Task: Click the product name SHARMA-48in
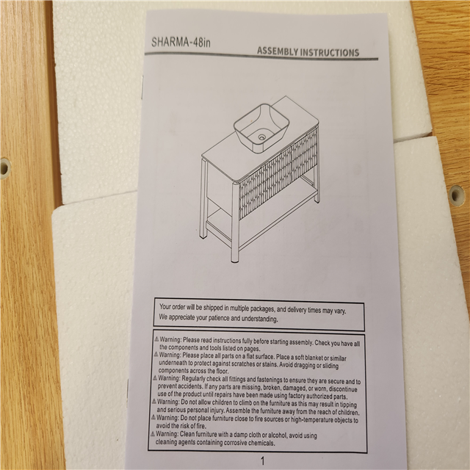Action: (181, 42)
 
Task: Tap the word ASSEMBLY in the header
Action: (277, 51)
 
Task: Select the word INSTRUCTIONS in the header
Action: (330, 52)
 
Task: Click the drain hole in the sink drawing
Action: (261, 137)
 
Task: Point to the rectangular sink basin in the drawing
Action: (261, 129)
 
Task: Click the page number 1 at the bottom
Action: (263, 460)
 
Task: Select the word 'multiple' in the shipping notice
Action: (239, 308)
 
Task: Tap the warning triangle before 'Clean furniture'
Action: (153, 434)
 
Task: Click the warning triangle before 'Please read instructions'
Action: (156, 339)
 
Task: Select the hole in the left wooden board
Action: (4, 167)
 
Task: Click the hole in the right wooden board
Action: (456, 195)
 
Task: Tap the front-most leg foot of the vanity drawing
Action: (235, 259)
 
